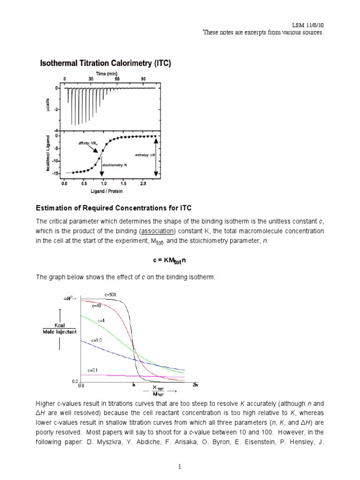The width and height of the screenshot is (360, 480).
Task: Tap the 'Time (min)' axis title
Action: (x=107, y=74)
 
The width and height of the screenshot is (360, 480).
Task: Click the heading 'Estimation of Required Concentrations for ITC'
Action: (x=114, y=208)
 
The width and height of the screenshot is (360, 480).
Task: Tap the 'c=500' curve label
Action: (x=111, y=294)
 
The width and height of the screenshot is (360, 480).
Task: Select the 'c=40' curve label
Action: (x=97, y=306)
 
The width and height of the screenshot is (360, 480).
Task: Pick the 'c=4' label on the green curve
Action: (x=101, y=320)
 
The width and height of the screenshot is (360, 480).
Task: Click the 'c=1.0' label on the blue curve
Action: (x=97, y=339)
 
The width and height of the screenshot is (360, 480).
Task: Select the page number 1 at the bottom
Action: (x=180, y=467)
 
